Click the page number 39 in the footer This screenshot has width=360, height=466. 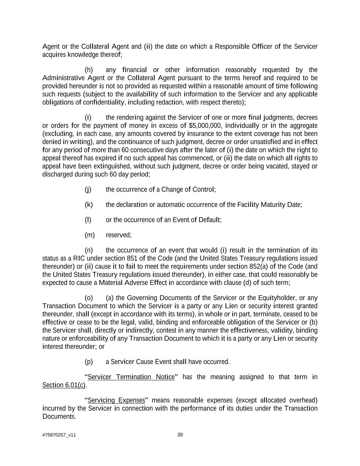[180, 435]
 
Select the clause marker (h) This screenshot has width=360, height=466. [89, 70]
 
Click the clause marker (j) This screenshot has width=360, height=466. [88, 189]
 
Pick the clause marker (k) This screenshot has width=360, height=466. [89, 204]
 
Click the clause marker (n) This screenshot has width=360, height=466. [89, 250]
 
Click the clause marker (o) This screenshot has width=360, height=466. [89, 298]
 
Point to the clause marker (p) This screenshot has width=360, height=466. [89, 362]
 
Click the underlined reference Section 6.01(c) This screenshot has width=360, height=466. [64, 385]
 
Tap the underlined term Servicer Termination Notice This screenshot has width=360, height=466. [131, 377]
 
